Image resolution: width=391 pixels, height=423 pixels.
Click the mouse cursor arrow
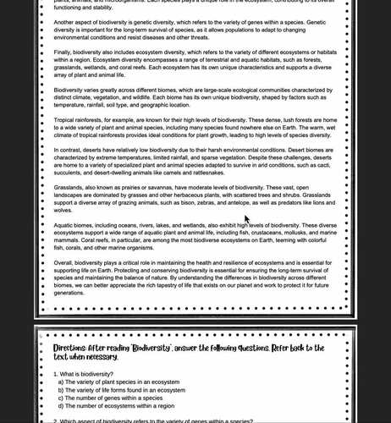point(246,218)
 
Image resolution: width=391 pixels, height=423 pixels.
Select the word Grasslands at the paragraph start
point(69,188)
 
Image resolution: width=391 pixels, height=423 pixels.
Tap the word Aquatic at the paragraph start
point(65,226)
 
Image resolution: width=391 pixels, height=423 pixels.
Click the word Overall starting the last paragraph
point(65,262)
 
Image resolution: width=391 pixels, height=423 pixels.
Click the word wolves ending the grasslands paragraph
point(64,210)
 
